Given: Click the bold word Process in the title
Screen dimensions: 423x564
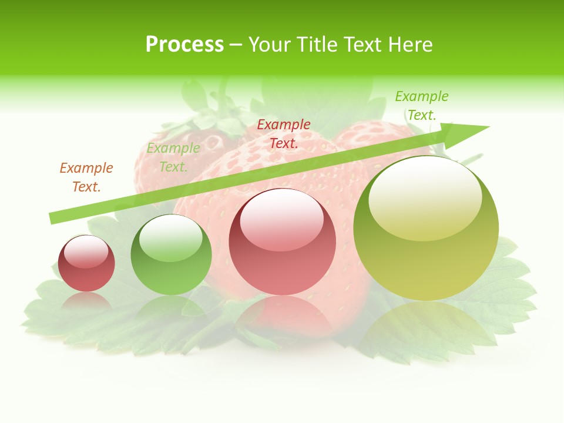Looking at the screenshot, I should [184, 45].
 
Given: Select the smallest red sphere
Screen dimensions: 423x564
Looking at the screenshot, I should [86, 263].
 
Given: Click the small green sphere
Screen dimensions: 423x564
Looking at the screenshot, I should [171, 254].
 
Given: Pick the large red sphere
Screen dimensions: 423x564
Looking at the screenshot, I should [283, 241].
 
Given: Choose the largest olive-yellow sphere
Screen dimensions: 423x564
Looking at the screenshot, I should [426, 228].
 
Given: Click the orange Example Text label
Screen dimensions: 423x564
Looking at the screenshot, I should [86, 177].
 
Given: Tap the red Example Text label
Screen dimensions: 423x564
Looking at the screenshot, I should [284, 134].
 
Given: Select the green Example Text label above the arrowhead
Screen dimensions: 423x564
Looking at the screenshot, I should [421, 106].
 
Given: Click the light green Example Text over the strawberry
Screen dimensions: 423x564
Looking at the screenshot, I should [173, 157].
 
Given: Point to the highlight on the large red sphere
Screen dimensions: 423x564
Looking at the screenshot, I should [281, 220].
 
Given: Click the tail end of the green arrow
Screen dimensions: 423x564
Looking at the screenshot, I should [53, 219].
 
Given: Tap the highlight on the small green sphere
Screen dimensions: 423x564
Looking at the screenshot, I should [170, 238].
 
